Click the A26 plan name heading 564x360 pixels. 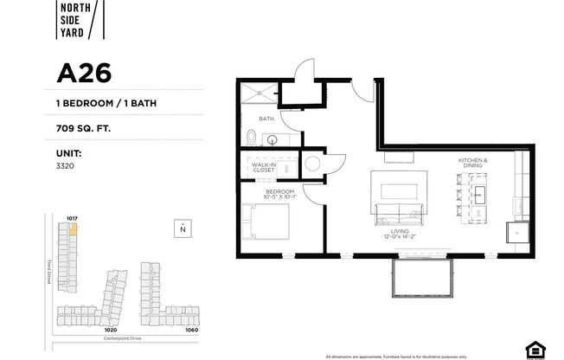click(x=84, y=73)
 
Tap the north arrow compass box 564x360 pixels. click(x=183, y=228)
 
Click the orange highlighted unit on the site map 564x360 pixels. click(x=74, y=230)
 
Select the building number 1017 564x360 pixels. click(x=72, y=218)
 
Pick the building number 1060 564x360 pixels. click(x=191, y=330)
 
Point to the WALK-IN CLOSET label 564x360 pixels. click(x=263, y=167)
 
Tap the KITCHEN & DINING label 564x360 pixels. click(x=473, y=164)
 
